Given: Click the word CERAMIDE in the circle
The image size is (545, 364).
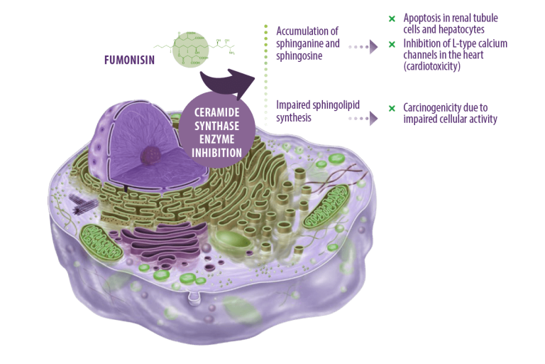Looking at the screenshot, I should [221, 112].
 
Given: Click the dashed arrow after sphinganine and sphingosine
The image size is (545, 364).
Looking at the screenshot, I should [363, 49].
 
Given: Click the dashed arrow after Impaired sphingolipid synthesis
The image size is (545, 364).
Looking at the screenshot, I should [363, 117].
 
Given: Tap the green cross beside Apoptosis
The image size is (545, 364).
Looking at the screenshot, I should [392, 18].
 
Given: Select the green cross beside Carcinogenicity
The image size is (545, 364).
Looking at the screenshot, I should [392, 108].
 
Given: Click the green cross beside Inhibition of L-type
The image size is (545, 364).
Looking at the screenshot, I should [392, 45].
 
